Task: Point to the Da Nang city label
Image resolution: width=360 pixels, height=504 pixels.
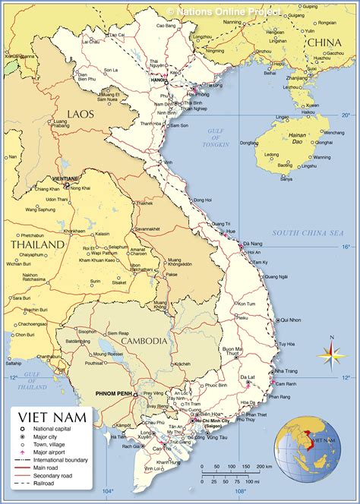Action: pos(252,243)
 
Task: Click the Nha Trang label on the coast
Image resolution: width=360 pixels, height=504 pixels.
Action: pos(286,371)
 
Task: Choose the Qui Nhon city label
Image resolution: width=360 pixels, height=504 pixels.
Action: pos(289,320)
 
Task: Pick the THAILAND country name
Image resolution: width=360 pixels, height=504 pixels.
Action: pos(36,245)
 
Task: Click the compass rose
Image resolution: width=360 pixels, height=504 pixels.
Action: pos(330,353)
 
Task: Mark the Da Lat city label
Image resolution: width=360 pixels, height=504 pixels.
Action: pos(248,377)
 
